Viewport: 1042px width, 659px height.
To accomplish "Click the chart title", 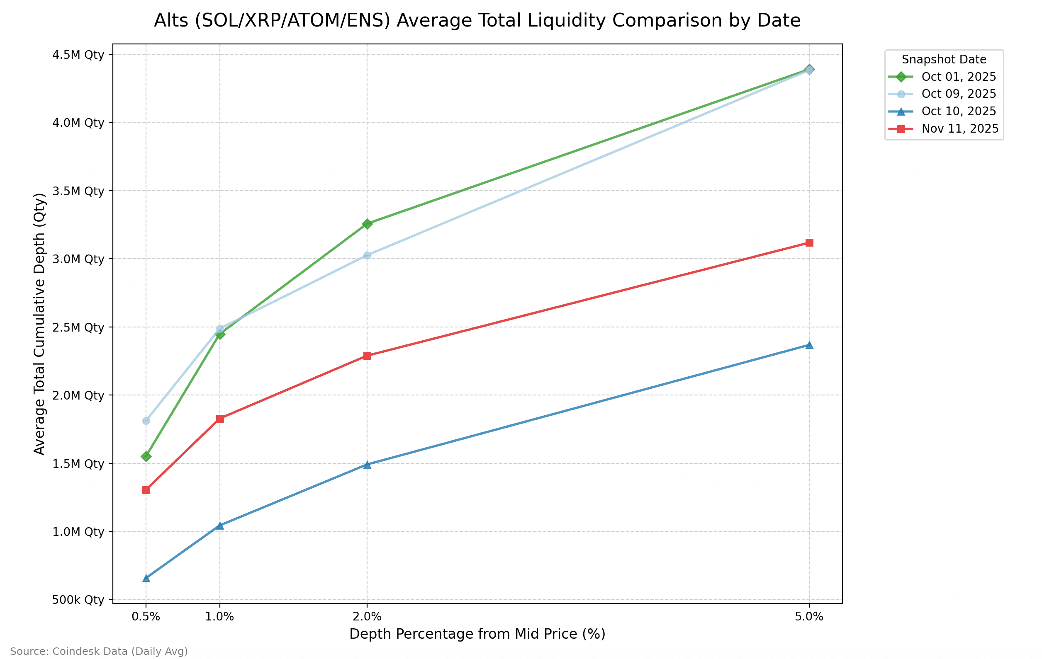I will point(477,20).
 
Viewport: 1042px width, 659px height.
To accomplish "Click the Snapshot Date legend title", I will point(944,60).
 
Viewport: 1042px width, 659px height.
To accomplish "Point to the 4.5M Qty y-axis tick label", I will point(78,55).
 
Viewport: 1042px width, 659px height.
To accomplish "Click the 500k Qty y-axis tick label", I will point(78,600).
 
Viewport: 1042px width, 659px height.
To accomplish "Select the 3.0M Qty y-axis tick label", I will point(78,259).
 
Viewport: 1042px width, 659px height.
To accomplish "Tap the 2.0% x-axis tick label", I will point(367,617).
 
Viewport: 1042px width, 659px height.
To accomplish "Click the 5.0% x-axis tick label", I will point(809,617).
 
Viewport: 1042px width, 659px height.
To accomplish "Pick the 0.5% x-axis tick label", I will point(146,617).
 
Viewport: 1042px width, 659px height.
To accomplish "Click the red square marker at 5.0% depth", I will point(809,242).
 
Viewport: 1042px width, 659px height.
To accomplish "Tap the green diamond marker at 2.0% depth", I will point(367,224).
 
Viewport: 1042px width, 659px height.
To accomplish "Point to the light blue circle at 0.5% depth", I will point(146,421).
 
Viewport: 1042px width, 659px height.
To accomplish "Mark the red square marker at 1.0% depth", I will point(220,419).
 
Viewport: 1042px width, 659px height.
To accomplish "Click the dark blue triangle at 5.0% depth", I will point(809,345).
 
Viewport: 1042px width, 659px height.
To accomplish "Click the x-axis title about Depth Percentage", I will point(477,634).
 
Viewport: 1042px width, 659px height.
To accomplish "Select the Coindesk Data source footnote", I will point(99,651).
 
